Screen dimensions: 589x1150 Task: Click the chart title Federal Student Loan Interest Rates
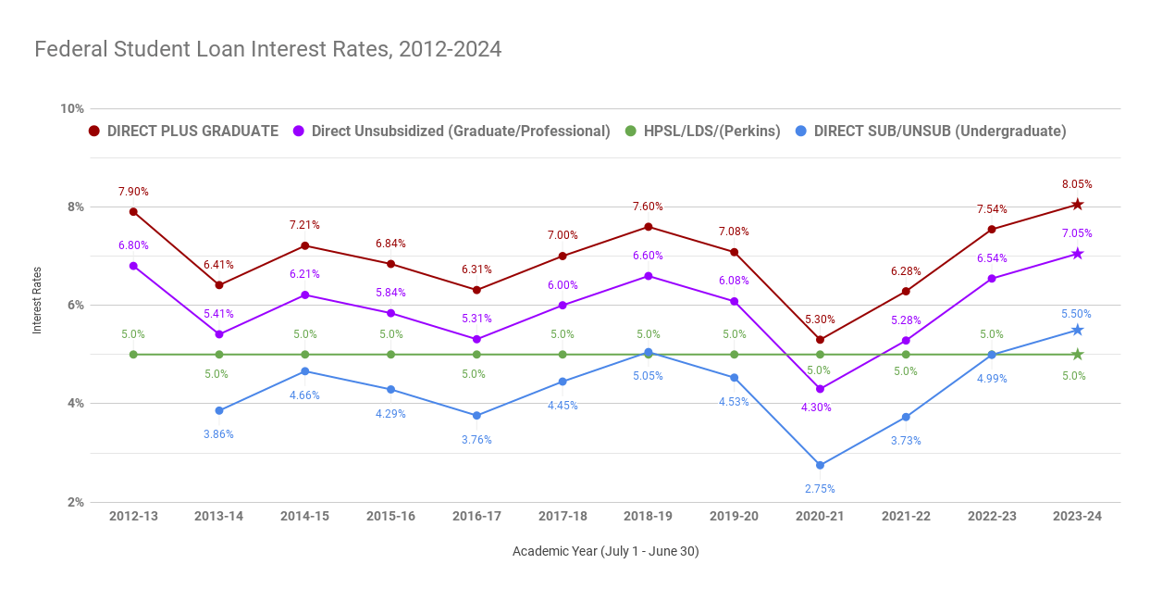tap(267, 49)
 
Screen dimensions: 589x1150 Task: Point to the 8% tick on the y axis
tap(73, 207)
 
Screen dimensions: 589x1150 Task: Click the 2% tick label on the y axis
tap(73, 502)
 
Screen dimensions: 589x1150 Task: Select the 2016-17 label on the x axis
tap(476, 516)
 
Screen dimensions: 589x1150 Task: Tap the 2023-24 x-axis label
tap(1077, 516)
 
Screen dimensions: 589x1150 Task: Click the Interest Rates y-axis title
tap(38, 305)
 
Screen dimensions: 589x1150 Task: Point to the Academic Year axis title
tap(605, 551)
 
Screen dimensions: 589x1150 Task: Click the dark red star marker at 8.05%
tap(1077, 205)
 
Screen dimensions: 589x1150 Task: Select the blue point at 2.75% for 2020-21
tap(820, 465)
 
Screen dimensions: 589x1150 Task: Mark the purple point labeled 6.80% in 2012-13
tap(133, 266)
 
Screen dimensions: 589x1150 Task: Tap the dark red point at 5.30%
tap(820, 340)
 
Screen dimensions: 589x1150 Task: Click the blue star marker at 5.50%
tap(1077, 330)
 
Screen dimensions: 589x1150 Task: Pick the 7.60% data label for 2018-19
tap(648, 207)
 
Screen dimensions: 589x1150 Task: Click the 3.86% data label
tap(219, 434)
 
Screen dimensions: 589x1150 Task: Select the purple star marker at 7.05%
tap(1077, 254)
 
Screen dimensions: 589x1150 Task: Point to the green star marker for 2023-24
tap(1077, 355)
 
